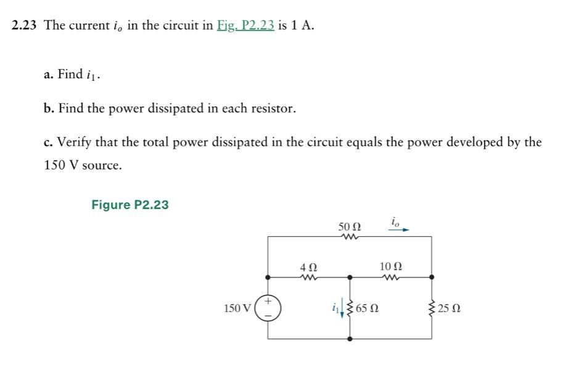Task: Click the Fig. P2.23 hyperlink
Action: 245,26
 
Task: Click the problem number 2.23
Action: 25,26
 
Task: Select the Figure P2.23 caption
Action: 129,205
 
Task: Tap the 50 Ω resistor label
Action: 349,226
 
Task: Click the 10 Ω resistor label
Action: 392,266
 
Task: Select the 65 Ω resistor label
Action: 368,308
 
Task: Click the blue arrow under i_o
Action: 398,229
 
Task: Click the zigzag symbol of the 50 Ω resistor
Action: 349,236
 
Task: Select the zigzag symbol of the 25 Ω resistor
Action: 431,308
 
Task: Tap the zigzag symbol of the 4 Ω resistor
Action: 308,277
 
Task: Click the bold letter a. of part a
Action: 48,75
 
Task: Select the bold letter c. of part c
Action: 48,142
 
